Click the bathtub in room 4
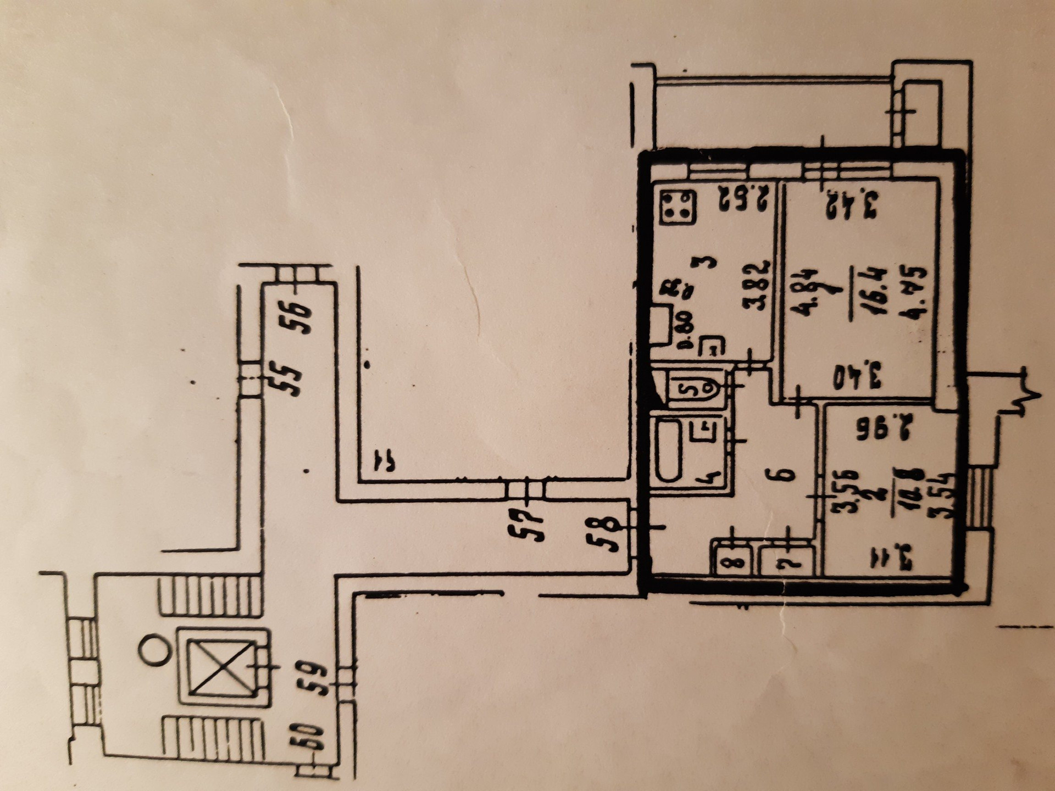pos(669,451)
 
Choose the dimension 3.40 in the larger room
pos(857,377)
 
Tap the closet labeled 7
pos(786,562)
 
